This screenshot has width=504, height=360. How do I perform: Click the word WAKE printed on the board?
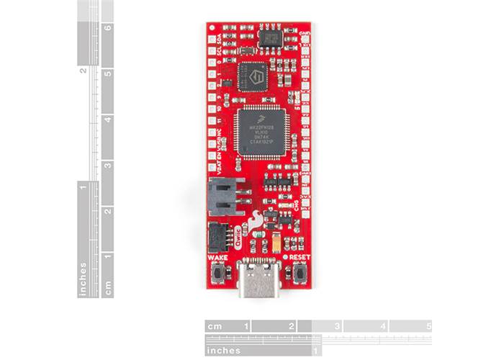[x=217, y=257]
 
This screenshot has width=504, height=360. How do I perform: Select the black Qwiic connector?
[x=217, y=235]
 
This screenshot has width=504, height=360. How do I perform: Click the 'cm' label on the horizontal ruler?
[x=214, y=326]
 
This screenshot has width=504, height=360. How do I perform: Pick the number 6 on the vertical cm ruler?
[x=107, y=30]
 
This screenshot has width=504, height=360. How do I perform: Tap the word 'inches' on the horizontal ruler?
[x=223, y=350]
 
